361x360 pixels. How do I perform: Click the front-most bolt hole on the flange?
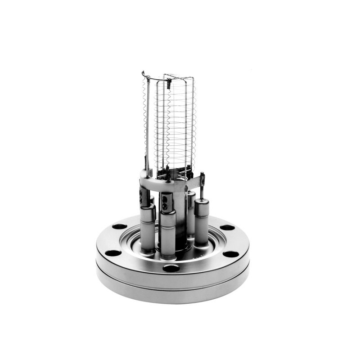171,268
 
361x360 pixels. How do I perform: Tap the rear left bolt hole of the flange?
120,226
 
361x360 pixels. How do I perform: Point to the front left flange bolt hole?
113,253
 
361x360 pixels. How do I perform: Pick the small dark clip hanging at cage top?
168,84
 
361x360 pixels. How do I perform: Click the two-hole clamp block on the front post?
166,202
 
